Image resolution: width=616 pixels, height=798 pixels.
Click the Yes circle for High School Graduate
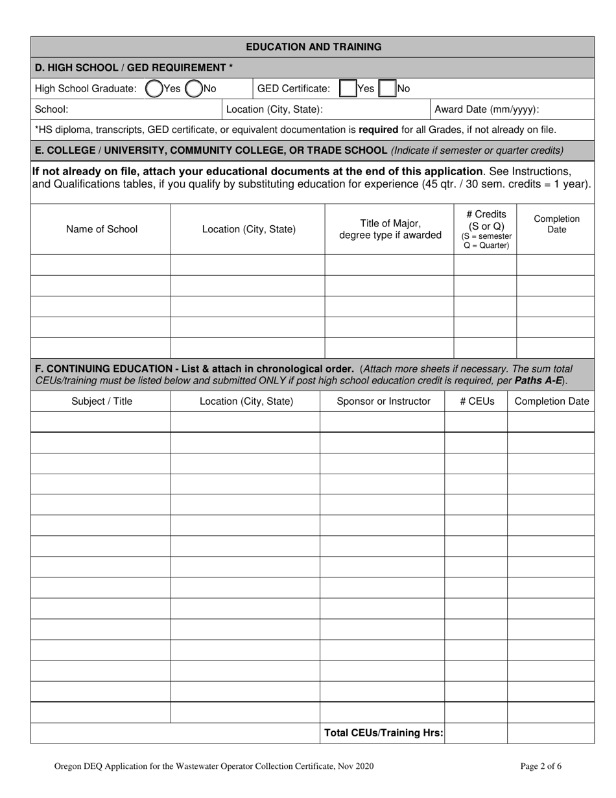pos(154,88)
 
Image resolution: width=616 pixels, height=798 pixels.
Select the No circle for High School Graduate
pos(193,88)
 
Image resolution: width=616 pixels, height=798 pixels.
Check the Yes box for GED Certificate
pos(348,88)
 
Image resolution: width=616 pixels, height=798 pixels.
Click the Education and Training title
pos(313,47)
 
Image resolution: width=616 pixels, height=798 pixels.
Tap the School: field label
pos(51,110)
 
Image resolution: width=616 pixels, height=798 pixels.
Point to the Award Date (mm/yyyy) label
pos(486,110)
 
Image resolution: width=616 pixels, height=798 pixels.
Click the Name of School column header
pos(102,229)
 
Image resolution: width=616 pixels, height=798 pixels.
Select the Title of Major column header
pos(390,229)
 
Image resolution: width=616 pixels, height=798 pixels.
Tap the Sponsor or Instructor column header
pos(383,402)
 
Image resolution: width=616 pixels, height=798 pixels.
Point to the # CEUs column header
pos(477,402)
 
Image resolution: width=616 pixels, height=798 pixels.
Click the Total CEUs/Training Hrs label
pos(384,733)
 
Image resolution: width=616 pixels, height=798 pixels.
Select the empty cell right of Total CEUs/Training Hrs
pos(476,733)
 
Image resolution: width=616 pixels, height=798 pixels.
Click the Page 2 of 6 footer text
pos(541,766)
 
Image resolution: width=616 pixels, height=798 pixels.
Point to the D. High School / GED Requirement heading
pos(134,67)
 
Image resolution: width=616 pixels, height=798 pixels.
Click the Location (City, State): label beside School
pos(274,110)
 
